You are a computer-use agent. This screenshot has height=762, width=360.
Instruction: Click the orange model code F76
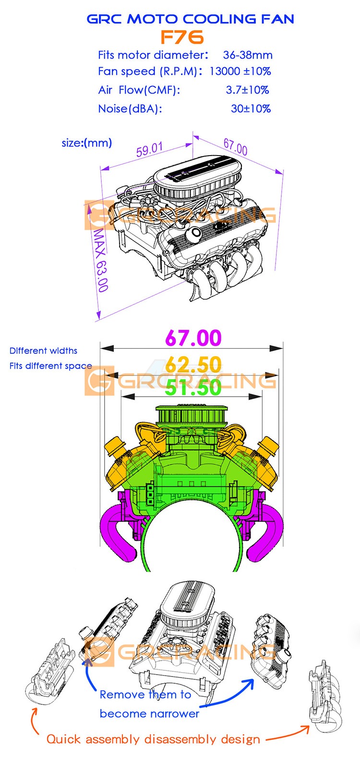click(x=182, y=37)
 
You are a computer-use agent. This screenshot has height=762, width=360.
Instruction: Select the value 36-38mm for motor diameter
click(x=248, y=55)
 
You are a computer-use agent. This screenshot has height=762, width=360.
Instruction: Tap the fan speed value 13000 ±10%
click(x=240, y=71)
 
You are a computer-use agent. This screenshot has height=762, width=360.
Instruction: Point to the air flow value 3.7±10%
click(x=247, y=90)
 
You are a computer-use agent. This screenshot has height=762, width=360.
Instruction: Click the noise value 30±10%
click(x=251, y=109)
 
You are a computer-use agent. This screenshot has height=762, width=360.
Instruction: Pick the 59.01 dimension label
click(x=150, y=150)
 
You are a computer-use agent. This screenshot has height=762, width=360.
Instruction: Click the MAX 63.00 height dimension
click(x=100, y=260)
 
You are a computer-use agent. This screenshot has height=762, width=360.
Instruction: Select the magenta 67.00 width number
click(x=193, y=338)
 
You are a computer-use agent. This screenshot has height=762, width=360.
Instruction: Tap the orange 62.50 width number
click(x=193, y=364)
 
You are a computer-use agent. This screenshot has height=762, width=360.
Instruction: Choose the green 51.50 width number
click(x=193, y=388)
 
